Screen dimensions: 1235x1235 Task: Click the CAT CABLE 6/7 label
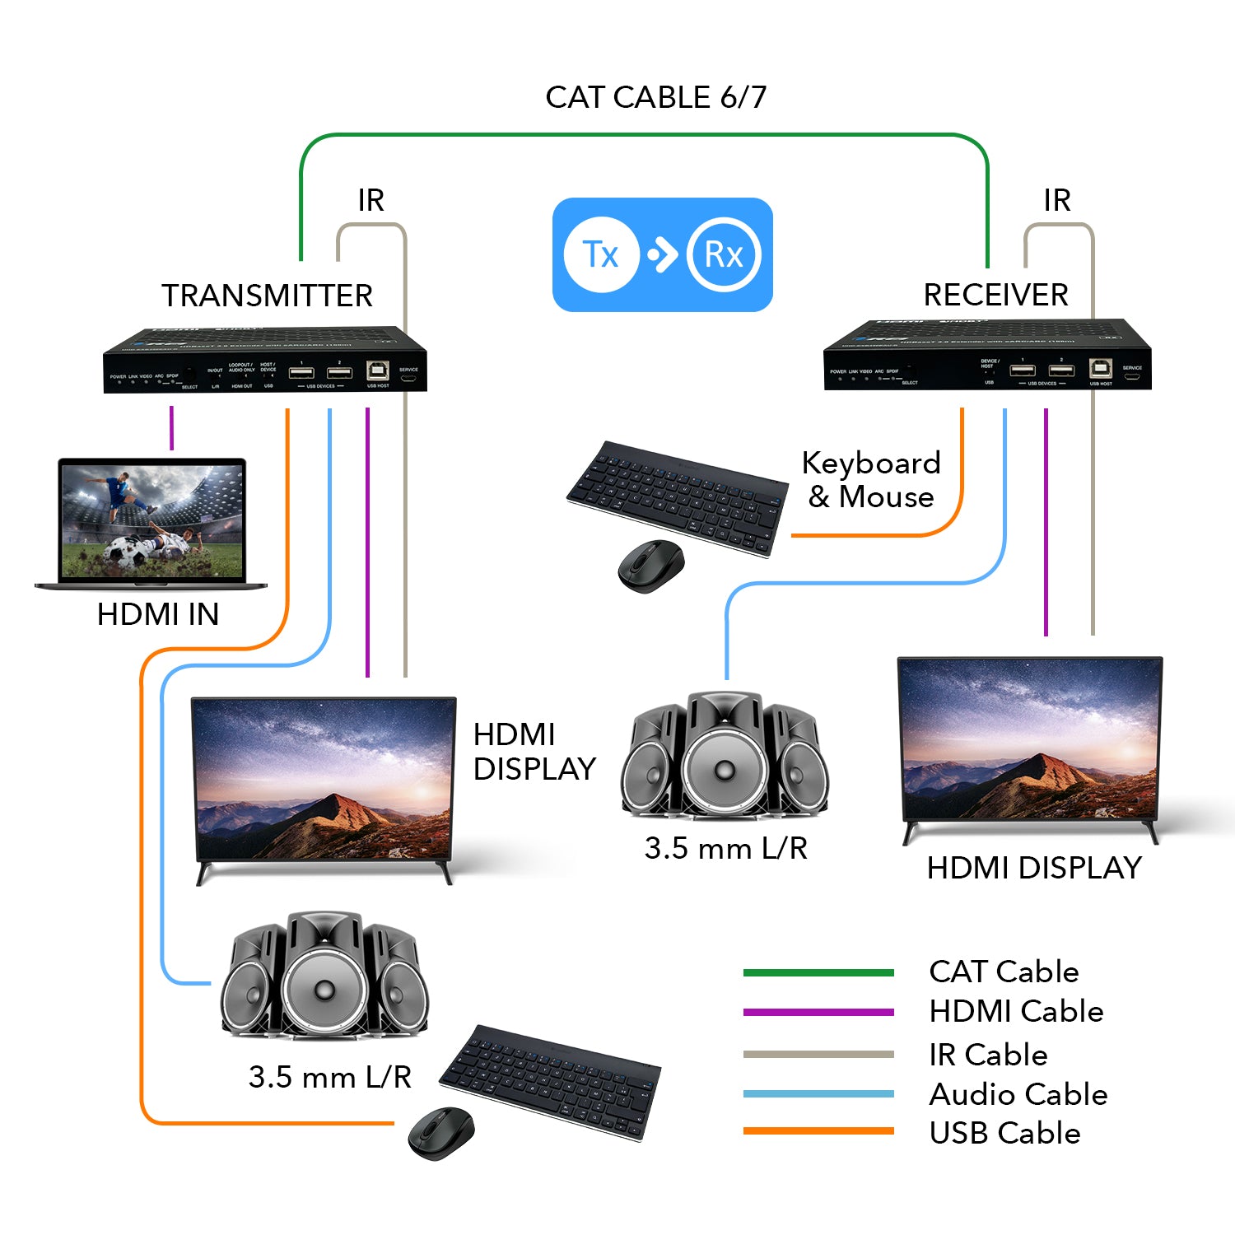coord(655,97)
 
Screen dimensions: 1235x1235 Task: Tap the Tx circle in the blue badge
coord(601,254)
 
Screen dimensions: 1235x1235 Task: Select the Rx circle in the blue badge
coord(724,254)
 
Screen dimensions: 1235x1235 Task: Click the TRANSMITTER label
coord(267,296)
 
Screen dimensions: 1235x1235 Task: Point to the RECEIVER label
coord(995,295)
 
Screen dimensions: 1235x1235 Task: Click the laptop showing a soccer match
coord(151,524)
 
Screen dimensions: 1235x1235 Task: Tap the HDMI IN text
coord(157,614)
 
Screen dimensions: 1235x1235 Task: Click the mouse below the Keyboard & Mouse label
coord(651,566)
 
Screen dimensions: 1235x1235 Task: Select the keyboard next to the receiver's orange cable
coord(677,497)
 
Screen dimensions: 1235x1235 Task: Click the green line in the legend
coord(818,972)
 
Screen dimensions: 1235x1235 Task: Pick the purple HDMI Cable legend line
coord(818,1012)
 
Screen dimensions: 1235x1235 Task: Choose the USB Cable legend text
coord(1004,1134)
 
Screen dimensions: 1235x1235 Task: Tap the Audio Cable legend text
coord(1018,1094)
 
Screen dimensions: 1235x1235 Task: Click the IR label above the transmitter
coord(370,200)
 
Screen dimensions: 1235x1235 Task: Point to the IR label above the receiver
coord(1057,200)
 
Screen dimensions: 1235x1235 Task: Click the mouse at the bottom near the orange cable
coord(441,1134)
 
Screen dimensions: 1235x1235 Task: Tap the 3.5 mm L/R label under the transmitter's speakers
coord(329,1077)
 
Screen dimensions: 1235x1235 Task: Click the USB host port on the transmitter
coord(377,370)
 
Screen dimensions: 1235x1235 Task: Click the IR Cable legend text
coord(988,1055)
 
